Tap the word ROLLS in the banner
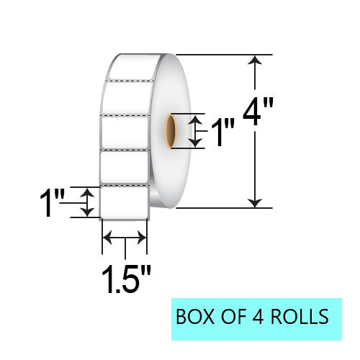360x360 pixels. [x=298, y=315]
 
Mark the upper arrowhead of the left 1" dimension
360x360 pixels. [x=87, y=192]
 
